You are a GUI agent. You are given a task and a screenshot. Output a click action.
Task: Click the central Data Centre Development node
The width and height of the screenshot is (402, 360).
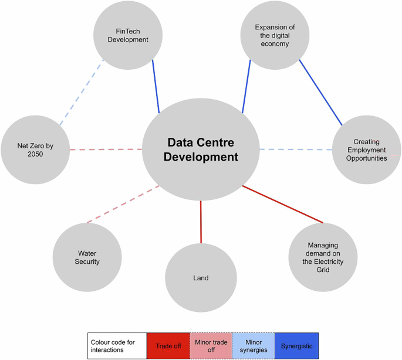point(201,150)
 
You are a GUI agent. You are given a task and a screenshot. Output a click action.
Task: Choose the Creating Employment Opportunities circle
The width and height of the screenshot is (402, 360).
point(367,150)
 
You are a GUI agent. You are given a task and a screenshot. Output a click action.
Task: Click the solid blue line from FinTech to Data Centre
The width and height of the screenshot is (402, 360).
point(156,86)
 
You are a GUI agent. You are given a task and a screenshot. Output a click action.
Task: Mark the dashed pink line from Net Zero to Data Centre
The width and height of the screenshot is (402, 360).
point(106,150)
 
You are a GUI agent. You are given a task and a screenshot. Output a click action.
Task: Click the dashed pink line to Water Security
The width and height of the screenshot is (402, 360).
point(123,204)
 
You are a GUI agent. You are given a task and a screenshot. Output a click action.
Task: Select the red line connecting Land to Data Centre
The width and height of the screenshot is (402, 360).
point(201,222)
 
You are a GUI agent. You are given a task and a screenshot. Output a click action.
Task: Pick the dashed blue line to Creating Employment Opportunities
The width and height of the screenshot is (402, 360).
point(296,150)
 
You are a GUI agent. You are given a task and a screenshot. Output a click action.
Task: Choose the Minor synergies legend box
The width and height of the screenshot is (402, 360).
point(253,346)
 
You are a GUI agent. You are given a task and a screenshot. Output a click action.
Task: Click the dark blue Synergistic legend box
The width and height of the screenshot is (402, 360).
point(296,346)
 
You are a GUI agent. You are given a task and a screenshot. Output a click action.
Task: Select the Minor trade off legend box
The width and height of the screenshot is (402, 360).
point(210,346)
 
